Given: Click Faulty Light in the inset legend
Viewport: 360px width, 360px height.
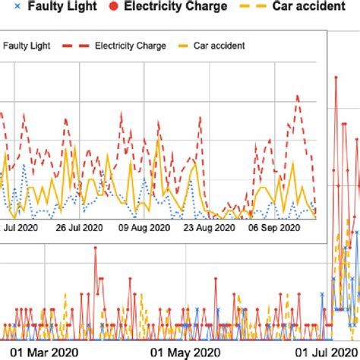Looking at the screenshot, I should (27, 46).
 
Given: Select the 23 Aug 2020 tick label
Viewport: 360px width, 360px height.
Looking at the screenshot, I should (213, 226).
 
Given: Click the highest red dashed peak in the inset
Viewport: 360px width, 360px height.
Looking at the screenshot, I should (298, 96).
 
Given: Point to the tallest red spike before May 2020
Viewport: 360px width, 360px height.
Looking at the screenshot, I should (96, 248).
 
